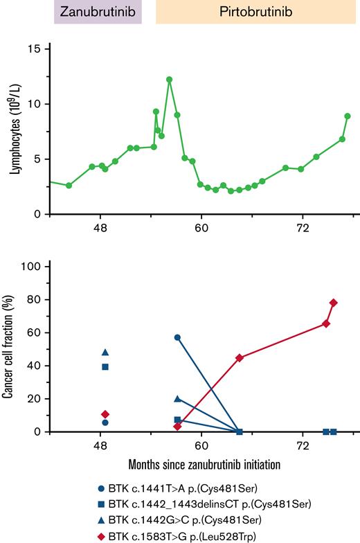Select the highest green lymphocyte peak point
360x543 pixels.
click(x=169, y=80)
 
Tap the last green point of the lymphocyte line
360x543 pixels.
click(x=348, y=116)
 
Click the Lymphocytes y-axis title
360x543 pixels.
click(x=15, y=132)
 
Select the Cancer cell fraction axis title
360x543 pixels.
click(x=15, y=349)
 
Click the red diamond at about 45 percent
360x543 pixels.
click(x=240, y=357)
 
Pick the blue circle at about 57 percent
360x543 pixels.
click(x=177, y=337)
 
